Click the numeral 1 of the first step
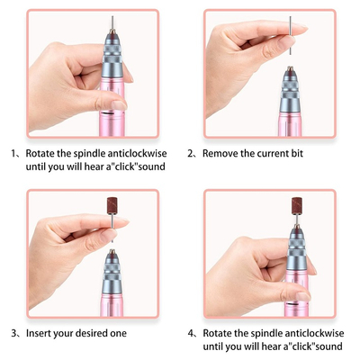click(13, 154)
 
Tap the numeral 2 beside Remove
click(190, 154)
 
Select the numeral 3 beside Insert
click(13, 333)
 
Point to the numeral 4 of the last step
click(191, 333)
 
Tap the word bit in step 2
click(297, 153)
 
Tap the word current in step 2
click(273, 154)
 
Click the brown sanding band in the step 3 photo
click(112, 205)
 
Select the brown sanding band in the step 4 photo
click(297, 206)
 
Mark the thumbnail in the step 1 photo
click(119, 105)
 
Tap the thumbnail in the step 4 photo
click(303, 296)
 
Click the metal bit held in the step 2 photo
click(291, 35)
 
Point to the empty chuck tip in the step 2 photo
click(290, 68)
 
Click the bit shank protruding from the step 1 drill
click(112, 22)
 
